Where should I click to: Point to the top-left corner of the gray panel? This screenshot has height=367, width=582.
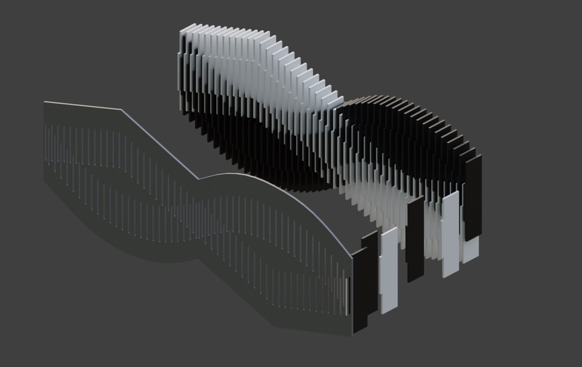coord(44,102)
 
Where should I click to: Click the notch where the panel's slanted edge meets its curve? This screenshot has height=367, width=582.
coord(200,179)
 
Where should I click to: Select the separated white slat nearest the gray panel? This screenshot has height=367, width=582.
coord(388,271)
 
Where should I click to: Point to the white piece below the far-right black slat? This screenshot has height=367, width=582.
coord(471,249)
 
